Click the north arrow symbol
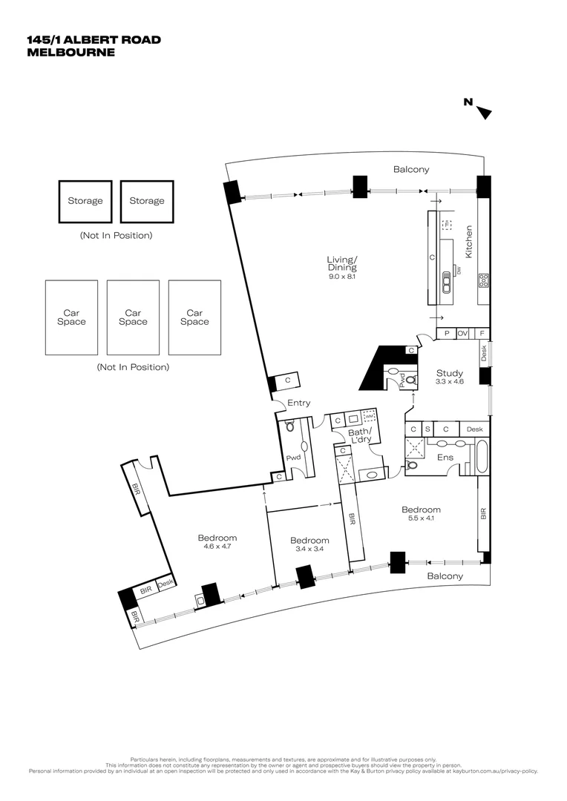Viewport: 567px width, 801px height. click(484, 113)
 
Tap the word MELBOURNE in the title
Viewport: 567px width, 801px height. click(71, 53)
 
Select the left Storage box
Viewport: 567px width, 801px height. click(85, 201)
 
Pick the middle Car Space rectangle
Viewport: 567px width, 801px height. click(133, 317)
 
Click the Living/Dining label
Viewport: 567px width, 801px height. click(342, 263)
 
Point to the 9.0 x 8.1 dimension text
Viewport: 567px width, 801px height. click(342, 277)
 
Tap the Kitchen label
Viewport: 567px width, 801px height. click(468, 242)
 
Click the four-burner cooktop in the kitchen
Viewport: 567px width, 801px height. click(483, 280)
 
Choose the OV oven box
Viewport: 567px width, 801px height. click(462, 334)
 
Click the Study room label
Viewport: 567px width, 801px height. click(449, 373)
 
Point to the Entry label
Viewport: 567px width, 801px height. click(298, 403)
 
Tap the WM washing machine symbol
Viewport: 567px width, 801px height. click(370, 418)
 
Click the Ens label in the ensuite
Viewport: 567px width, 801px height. click(445, 458)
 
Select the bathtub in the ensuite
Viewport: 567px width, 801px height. click(481, 458)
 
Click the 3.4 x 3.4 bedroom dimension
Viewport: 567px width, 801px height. click(309, 550)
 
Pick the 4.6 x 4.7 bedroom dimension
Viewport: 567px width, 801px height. click(217, 547)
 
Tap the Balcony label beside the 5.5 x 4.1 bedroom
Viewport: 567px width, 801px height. click(445, 576)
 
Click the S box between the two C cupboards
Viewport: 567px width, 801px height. click(427, 429)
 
